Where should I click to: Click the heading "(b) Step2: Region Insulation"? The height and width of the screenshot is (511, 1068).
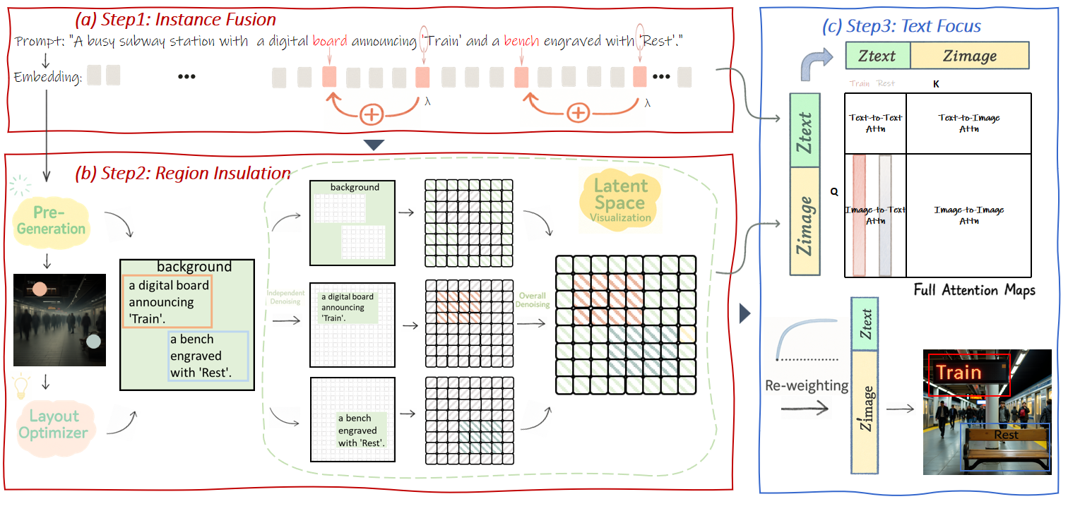[182, 173]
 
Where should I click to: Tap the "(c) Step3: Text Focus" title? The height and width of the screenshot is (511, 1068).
[901, 27]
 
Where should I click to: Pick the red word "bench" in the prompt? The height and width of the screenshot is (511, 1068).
[521, 42]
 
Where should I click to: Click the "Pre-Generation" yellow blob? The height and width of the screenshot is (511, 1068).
[52, 221]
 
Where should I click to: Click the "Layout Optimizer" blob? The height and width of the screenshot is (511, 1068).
[54, 424]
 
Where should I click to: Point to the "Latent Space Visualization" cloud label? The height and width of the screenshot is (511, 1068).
[620, 200]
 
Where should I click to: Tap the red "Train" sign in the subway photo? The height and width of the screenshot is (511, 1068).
[968, 373]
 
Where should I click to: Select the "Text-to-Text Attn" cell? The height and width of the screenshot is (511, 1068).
[875, 123]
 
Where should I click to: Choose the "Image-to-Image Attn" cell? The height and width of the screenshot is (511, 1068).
[968, 215]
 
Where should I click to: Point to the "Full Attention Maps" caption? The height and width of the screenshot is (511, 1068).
[974, 290]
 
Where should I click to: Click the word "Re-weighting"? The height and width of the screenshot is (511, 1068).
[807, 385]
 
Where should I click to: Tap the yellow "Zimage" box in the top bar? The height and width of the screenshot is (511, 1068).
[969, 55]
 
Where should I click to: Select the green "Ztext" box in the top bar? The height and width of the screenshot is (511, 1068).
[877, 55]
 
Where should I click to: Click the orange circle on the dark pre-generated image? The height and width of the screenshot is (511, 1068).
[40, 289]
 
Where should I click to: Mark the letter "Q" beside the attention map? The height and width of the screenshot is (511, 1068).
[834, 191]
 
